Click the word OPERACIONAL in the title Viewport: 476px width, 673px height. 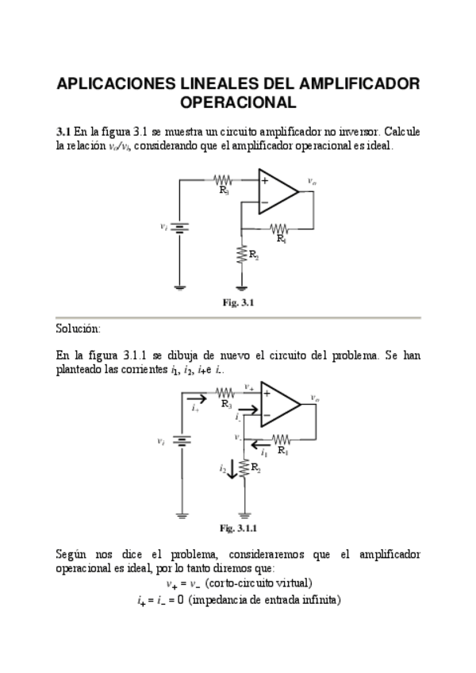click(238, 102)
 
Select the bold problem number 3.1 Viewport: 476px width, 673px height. click(63, 131)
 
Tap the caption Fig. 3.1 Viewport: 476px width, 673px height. click(237, 302)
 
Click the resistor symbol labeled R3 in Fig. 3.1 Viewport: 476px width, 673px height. click(224, 181)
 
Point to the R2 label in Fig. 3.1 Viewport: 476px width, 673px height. click(253, 255)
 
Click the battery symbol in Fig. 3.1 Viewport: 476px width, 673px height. click(180, 227)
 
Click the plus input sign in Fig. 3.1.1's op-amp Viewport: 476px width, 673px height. click(267, 393)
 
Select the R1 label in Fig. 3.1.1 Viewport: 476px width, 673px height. click(282, 451)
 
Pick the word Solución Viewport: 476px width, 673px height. click(79, 328)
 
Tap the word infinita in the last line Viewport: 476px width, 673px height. click(321, 600)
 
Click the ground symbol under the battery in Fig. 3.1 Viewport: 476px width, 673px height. click(180, 287)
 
